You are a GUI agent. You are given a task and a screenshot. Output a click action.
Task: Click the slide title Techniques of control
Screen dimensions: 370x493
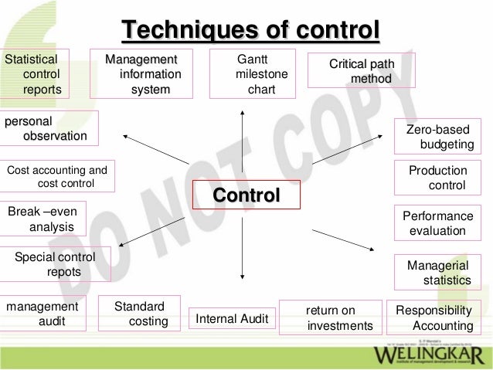250,30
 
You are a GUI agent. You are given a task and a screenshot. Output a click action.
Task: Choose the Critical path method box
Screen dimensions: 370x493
361,70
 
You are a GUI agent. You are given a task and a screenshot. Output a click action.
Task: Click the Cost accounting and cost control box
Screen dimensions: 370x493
58,176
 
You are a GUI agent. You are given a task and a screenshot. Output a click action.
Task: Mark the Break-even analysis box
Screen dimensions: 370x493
43,219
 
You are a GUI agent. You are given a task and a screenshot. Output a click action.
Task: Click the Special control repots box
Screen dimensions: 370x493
56,264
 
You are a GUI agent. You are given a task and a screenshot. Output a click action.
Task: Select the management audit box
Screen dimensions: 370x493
43,314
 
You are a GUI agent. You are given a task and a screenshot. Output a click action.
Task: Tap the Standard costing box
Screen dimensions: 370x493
144,314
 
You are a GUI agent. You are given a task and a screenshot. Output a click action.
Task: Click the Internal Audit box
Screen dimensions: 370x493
232,318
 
